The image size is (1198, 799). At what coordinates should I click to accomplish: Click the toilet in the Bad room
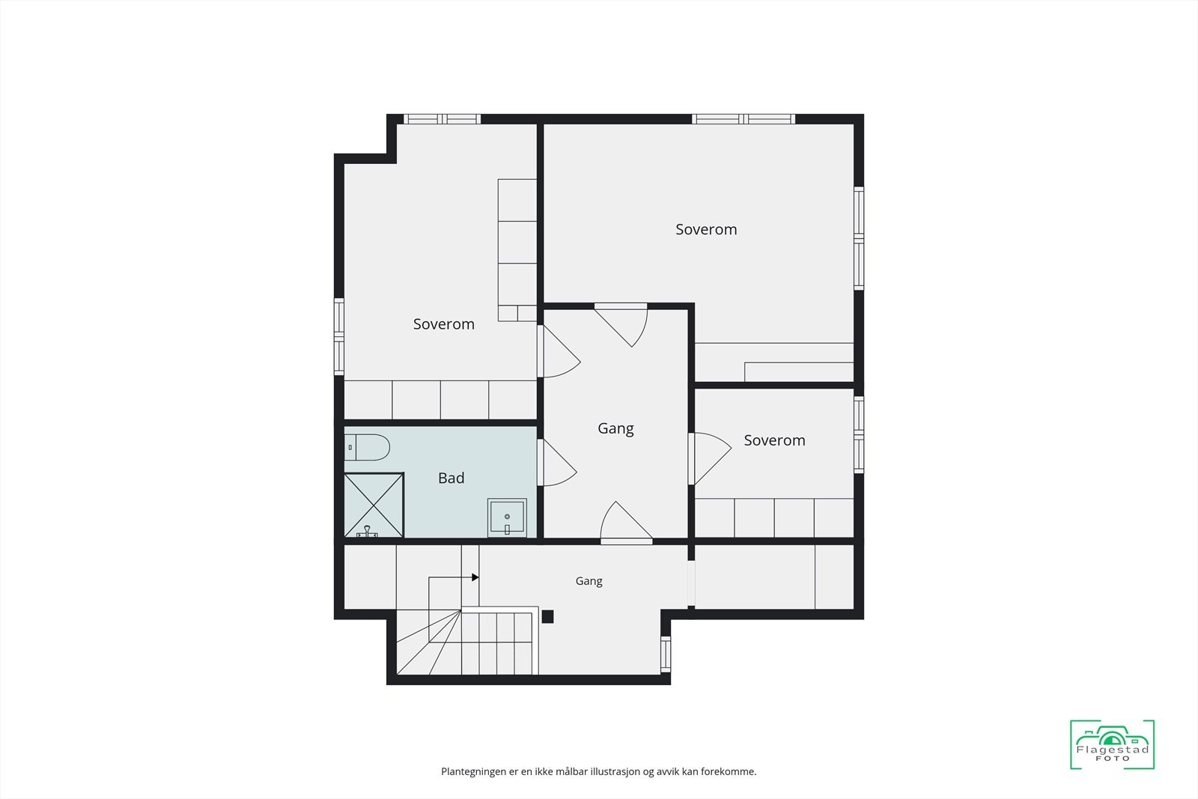pyautogui.click(x=367, y=447)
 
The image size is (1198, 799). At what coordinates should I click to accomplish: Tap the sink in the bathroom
pyautogui.click(x=507, y=517)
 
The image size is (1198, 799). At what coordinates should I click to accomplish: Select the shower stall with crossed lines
pyautogui.click(x=374, y=505)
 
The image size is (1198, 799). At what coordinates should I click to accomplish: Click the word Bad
pyautogui.click(x=451, y=478)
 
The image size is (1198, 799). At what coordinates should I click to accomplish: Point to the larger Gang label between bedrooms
pyautogui.click(x=615, y=428)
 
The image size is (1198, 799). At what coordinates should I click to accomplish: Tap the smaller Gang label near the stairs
pyautogui.click(x=589, y=581)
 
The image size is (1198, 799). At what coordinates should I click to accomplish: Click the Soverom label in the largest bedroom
pyautogui.click(x=706, y=229)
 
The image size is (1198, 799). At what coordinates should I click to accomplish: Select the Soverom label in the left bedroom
pyautogui.click(x=444, y=324)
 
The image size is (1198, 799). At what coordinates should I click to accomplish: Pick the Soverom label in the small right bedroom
pyautogui.click(x=774, y=440)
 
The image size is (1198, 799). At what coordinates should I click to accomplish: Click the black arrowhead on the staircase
pyautogui.click(x=475, y=577)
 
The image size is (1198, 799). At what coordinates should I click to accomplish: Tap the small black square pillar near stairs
pyautogui.click(x=547, y=616)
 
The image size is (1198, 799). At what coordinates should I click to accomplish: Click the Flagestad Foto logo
pyautogui.click(x=1113, y=744)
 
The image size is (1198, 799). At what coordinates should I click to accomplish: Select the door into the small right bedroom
pyautogui.click(x=710, y=458)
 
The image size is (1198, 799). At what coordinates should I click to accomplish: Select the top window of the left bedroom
pyautogui.click(x=442, y=119)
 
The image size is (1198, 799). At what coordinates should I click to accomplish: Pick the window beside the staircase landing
pyautogui.click(x=666, y=654)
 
